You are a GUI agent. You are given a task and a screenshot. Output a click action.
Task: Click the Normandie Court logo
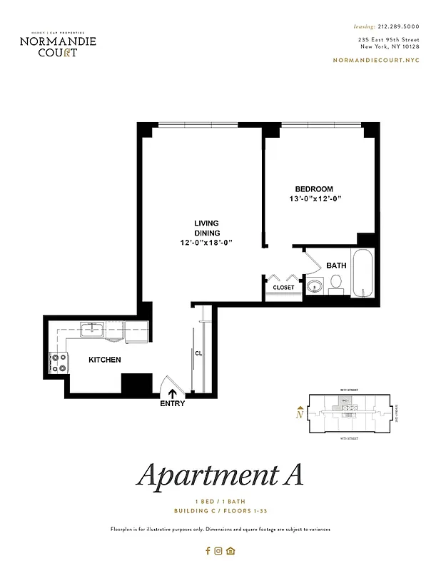[58, 44]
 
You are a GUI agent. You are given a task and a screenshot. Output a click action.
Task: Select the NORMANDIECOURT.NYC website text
[376, 60]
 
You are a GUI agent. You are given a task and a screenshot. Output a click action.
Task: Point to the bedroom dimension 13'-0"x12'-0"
[315, 198]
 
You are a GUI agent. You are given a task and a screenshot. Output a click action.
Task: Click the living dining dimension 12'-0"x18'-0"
[206, 243]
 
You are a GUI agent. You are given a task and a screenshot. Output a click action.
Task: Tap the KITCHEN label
[104, 360]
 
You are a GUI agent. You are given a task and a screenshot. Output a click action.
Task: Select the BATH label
[336, 266]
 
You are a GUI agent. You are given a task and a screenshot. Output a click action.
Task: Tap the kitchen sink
[92, 330]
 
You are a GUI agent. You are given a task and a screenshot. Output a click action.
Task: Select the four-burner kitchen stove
[59, 363]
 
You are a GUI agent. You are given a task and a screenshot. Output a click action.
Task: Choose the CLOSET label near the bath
[283, 288]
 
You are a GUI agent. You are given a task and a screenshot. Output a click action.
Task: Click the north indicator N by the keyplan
[300, 413]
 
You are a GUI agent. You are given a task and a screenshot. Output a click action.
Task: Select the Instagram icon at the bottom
[219, 550]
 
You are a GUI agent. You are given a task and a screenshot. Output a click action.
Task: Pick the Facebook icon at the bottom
[208, 550]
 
